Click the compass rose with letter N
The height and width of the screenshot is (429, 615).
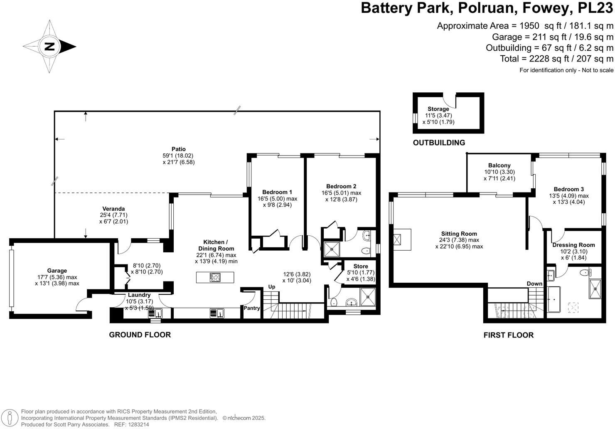[49, 47]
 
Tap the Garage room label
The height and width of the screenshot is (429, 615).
[57, 271]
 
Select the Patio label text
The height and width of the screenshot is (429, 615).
[179, 149]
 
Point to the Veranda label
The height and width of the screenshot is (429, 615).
[113, 209]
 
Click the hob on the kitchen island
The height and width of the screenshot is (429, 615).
[216, 277]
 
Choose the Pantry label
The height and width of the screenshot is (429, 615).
[252, 308]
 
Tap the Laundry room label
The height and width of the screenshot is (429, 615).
[139, 295]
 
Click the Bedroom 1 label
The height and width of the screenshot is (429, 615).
[277, 192]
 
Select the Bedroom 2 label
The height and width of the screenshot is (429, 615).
[341, 186]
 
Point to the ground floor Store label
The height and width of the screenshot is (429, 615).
[361, 266]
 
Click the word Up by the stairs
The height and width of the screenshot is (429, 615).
[272, 287]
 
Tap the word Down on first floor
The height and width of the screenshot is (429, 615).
[534, 284]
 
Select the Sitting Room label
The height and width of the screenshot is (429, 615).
[459, 234]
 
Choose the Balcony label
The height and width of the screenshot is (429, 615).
[499, 165]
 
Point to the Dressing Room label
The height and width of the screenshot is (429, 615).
[573, 245]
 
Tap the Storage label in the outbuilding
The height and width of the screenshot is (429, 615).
[438, 109]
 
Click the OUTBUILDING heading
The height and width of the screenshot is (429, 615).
[439, 143]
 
